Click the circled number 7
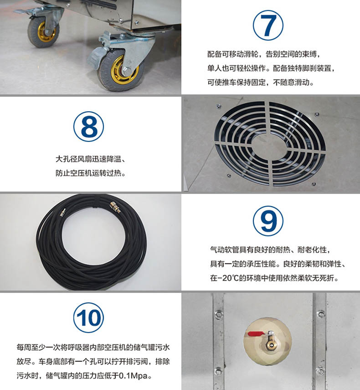coord(268,26)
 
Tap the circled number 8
coord(89,127)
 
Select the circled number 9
coord(268,221)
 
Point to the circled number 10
coord(89,317)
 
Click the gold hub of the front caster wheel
coord(123,70)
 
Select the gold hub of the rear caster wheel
coord(46,32)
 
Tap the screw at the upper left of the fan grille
coord(219,107)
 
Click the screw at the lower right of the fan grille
coord(314,184)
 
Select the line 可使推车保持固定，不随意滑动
coord(260,82)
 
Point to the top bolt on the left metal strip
coord(219,314)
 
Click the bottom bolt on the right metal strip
coord(320,370)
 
